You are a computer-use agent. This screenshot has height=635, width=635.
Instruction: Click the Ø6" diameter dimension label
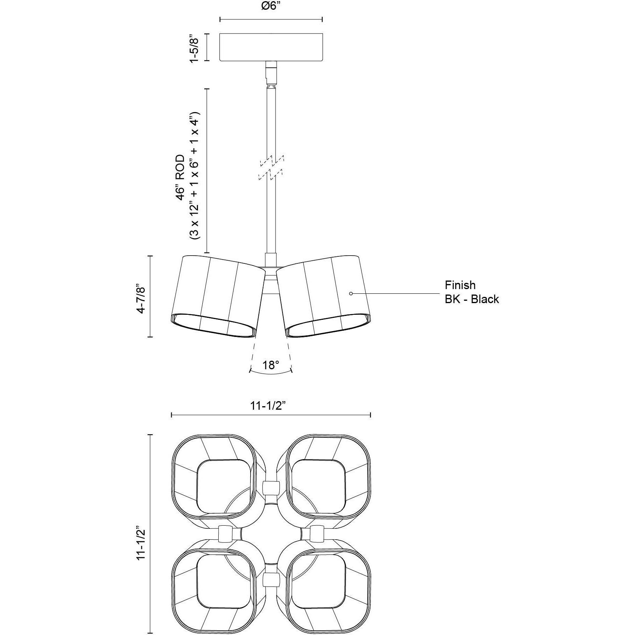tap(271, 7)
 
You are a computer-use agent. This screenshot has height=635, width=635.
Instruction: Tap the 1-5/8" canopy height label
tap(194, 47)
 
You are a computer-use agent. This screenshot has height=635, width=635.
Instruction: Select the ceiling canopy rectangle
tap(271, 47)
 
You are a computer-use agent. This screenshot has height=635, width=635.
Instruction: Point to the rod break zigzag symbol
tap(271, 168)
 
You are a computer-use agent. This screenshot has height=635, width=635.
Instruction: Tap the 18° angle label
tap(271, 365)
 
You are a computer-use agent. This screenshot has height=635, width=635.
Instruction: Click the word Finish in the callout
tap(460, 285)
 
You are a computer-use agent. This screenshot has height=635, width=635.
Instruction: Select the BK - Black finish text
tap(472, 299)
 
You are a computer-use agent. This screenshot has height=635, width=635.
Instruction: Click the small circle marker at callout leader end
tap(351, 293)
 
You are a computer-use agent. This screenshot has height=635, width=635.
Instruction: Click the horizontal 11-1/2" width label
tap(268, 406)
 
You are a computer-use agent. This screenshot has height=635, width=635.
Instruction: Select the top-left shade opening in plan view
tap(223, 487)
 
